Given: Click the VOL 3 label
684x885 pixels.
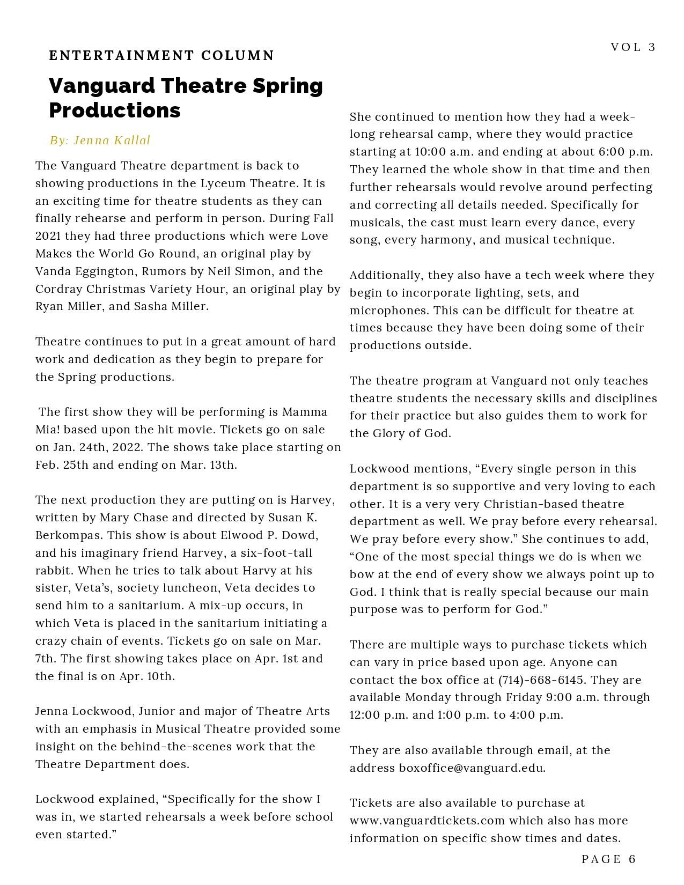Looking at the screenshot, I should click(x=633, y=47).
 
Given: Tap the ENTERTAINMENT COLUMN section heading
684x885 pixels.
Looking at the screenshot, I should click(x=161, y=55).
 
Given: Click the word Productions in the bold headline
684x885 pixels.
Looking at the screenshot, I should click(x=115, y=110).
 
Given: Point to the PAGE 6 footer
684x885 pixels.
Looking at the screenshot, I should click(x=608, y=859).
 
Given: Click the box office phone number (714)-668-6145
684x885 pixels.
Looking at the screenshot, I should click(x=541, y=680).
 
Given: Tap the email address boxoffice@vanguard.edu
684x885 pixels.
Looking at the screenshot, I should click(x=472, y=768).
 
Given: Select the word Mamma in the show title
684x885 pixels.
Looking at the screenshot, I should click(x=304, y=412).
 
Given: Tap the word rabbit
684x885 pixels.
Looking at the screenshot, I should click(x=54, y=571).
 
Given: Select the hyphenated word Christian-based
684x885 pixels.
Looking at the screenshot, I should click(x=554, y=504).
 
